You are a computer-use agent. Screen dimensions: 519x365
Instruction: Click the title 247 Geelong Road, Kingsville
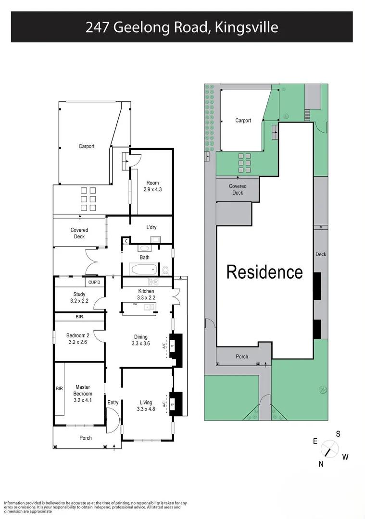click(182, 27)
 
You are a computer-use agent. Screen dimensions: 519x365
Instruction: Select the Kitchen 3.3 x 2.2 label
click(146, 294)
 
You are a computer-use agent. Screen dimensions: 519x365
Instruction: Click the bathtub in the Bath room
click(144, 269)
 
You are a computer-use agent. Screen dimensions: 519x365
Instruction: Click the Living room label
click(146, 406)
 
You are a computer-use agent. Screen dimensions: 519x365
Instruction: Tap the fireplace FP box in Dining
click(172, 345)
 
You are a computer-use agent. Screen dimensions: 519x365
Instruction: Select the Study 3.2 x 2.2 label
click(79, 297)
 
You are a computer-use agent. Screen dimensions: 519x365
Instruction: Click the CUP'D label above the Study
click(94, 282)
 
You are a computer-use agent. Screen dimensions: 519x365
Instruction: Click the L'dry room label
click(151, 227)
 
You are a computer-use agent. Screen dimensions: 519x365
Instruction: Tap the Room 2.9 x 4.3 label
click(152, 186)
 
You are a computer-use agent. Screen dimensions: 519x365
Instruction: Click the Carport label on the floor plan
click(87, 147)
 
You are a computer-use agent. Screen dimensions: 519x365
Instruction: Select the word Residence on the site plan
click(264, 272)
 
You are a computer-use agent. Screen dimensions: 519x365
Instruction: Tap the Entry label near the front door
click(113, 403)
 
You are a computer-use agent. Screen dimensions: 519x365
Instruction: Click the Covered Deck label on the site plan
click(238, 189)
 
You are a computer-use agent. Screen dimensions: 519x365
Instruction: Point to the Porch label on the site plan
click(242, 357)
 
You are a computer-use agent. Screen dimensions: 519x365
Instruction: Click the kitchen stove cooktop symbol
click(153, 282)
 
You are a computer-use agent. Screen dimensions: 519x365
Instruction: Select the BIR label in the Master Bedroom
click(60, 388)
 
